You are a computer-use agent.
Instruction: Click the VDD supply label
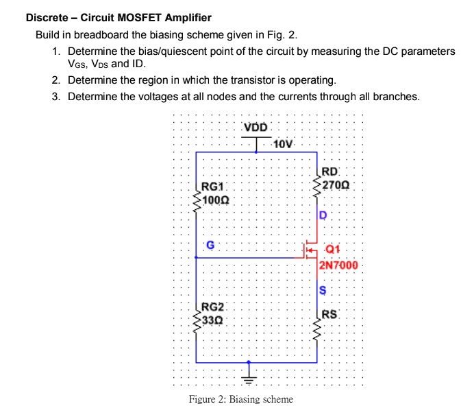point(257,128)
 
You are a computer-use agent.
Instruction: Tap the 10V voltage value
point(282,144)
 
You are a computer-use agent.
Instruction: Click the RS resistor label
point(329,315)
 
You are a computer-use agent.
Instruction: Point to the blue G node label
point(210,244)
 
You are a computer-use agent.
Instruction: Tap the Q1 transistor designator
point(333,250)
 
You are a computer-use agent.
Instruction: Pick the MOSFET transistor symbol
point(312,252)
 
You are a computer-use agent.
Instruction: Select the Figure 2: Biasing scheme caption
point(240,400)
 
